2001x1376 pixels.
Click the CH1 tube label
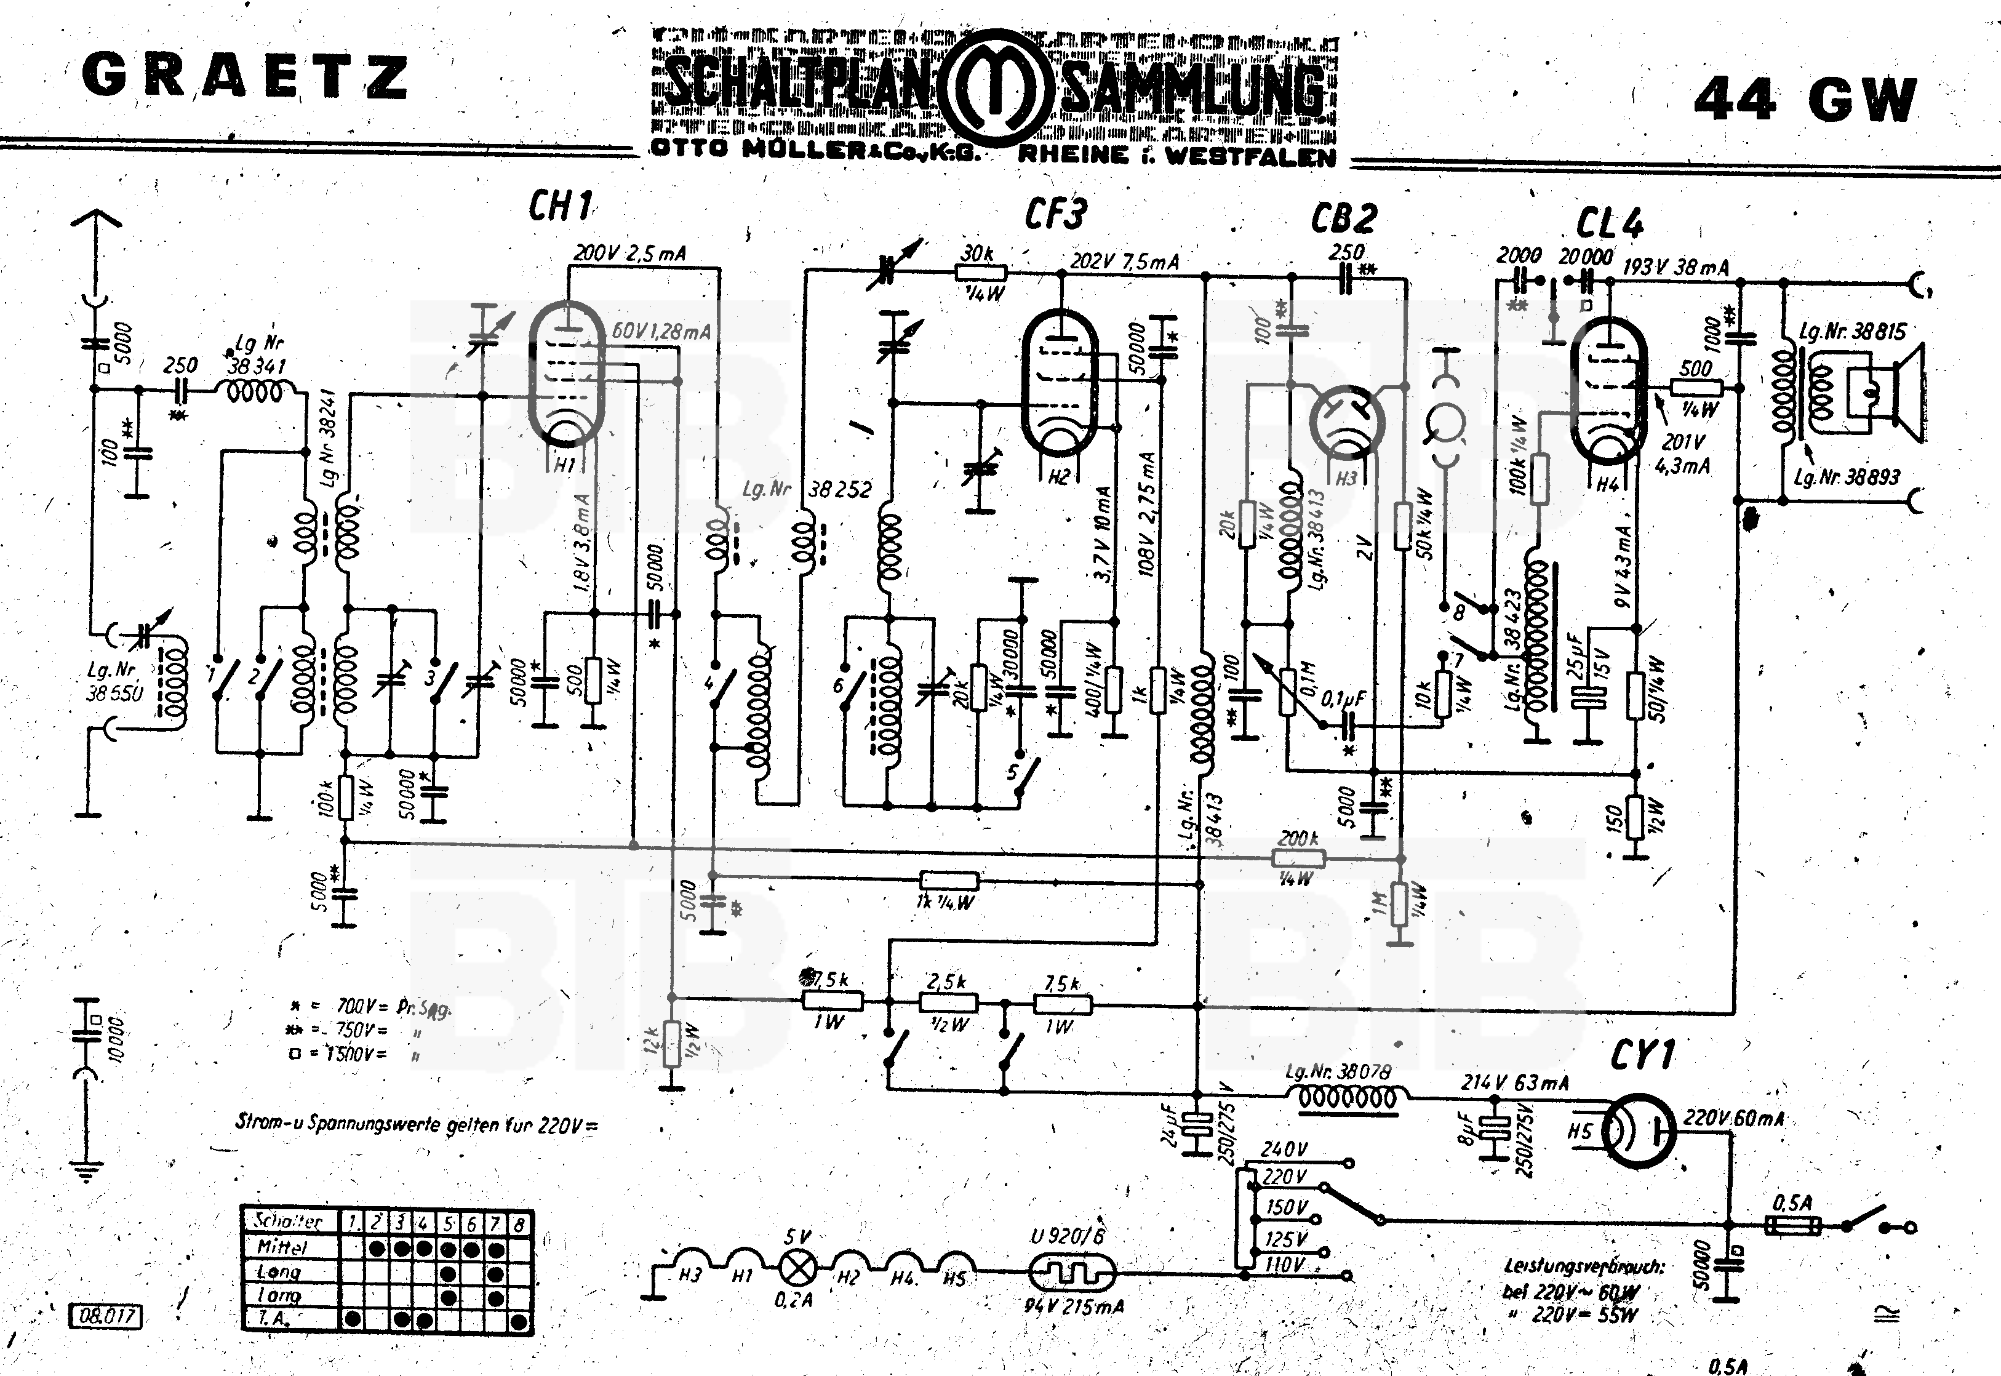pos(561,207)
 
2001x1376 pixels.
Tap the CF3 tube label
pos(1056,214)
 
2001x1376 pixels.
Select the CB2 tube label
pos(1343,219)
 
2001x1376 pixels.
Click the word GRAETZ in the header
pos(245,76)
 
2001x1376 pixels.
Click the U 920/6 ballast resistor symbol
pos(1072,1271)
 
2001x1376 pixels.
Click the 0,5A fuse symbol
pos(1793,1225)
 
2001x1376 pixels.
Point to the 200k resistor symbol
pos(1298,858)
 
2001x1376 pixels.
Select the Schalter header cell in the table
pos(289,1221)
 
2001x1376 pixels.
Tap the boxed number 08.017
pos(105,1316)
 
